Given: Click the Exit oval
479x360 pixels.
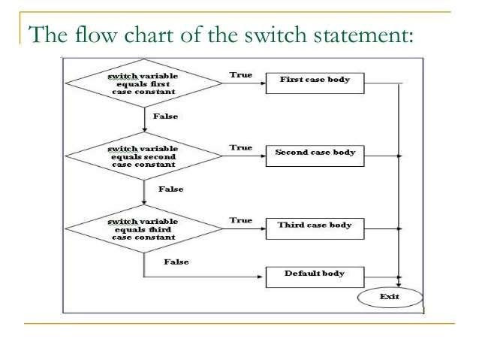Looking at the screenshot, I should [x=390, y=297].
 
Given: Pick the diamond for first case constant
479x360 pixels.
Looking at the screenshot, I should [x=143, y=83].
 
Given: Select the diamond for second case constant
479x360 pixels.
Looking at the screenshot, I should [x=143, y=156].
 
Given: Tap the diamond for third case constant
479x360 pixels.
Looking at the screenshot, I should [x=143, y=228].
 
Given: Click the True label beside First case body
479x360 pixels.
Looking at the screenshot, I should [x=240, y=75].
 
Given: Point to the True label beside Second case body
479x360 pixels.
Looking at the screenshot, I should [x=240, y=148].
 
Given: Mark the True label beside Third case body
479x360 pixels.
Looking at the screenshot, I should [x=240, y=220].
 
